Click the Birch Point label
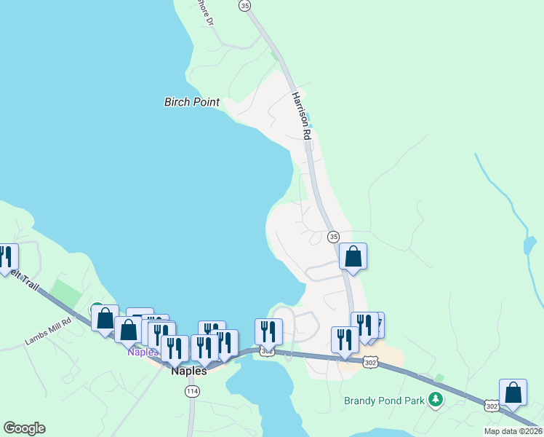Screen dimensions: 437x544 tap(192, 102)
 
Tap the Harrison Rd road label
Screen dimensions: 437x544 tap(302, 116)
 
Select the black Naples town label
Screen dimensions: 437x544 tap(189, 371)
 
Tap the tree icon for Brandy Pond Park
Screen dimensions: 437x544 tap(436, 399)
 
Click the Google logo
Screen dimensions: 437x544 tap(24, 428)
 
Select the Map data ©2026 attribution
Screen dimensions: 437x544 tap(513, 431)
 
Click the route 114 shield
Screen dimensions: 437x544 tap(192, 392)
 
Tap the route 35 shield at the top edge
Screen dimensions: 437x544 tap(244, 5)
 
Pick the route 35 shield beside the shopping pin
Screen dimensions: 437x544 tap(334, 237)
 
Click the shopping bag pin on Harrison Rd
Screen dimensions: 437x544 tap(353, 256)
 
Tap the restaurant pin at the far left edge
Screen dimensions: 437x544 tap(7, 256)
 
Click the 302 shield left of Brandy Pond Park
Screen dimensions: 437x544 tap(371, 362)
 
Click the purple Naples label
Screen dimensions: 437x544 tap(143, 352)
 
